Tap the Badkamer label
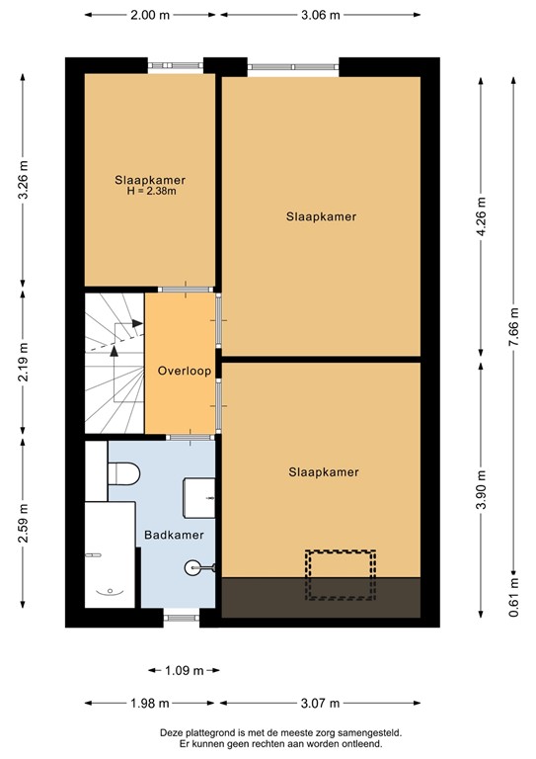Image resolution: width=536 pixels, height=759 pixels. (174, 535)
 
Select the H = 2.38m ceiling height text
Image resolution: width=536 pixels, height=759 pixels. (151, 192)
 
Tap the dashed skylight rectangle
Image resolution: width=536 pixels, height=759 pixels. (341, 575)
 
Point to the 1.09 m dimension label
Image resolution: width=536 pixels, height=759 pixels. (184, 671)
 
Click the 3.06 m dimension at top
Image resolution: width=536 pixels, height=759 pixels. (321, 15)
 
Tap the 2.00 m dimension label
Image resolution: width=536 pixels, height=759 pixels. (149, 15)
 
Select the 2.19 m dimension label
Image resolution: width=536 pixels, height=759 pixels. (24, 362)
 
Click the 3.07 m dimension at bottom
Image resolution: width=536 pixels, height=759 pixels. (321, 703)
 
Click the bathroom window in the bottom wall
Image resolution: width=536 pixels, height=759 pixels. (182, 620)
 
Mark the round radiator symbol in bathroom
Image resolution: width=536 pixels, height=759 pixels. (193, 567)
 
